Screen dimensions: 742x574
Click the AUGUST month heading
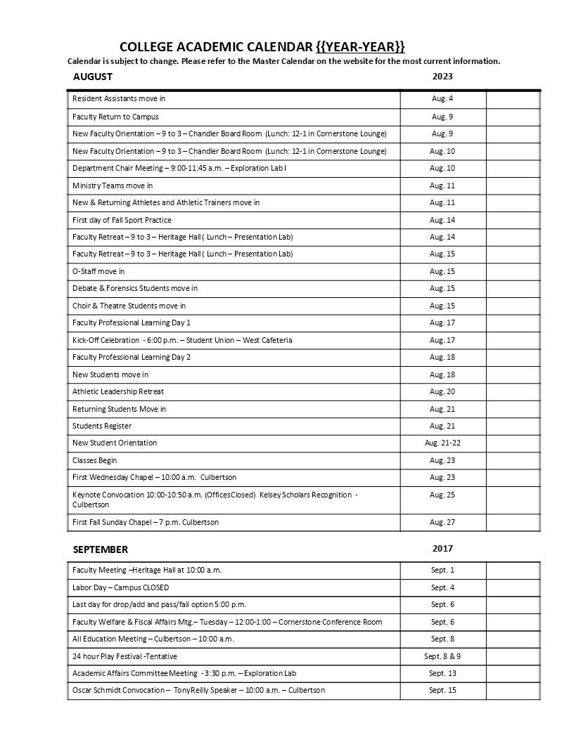click(x=93, y=77)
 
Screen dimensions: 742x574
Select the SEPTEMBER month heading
click(x=100, y=549)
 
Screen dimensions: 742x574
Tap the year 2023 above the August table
click(x=442, y=76)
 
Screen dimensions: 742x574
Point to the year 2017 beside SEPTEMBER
click(x=442, y=548)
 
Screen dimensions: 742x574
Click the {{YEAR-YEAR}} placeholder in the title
click(x=361, y=47)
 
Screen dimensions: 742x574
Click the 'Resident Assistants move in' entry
click(x=119, y=99)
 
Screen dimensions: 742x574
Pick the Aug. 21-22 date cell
click(x=442, y=443)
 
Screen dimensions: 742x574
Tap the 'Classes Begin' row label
click(x=94, y=460)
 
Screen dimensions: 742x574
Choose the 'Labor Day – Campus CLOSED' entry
click(x=120, y=587)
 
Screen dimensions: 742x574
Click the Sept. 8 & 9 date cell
click(x=442, y=656)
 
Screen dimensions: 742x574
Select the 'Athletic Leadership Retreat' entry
click(x=118, y=391)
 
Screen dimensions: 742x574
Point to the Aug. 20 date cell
click(x=442, y=391)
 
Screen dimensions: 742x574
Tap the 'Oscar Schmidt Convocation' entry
click(x=198, y=690)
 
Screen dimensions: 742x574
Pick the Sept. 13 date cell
click(x=442, y=673)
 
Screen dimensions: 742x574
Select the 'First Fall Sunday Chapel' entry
click(x=146, y=522)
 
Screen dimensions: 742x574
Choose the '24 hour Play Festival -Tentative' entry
click(x=125, y=656)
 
